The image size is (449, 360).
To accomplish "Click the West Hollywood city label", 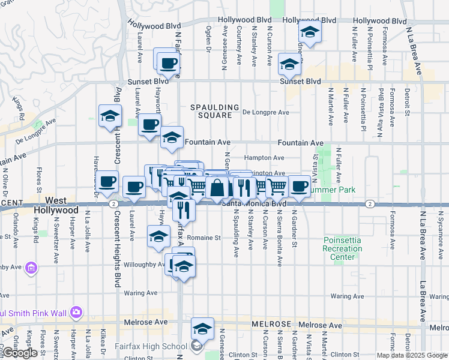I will pyautogui.click(x=62, y=205).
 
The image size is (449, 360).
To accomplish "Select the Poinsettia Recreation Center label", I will pyautogui.click(x=342, y=248).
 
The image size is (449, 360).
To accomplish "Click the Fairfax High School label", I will pyautogui.click(x=158, y=346).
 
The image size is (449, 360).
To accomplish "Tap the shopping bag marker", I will pyautogui.click(x=217, y=188).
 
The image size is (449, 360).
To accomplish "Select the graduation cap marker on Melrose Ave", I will pyautogui.click(x=202, y=329).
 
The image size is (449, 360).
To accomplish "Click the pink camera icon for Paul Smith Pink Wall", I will pyautogui.click(x=76, y=312).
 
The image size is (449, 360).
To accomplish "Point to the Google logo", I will pyautogui.click(x=20, y=353).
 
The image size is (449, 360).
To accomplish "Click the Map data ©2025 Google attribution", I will pyautogui.click(x=412, y=355).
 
